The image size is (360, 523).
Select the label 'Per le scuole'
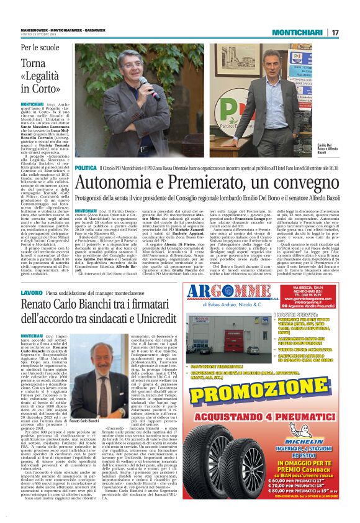click(41, 47)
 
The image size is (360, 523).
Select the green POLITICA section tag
click(85, 168)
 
